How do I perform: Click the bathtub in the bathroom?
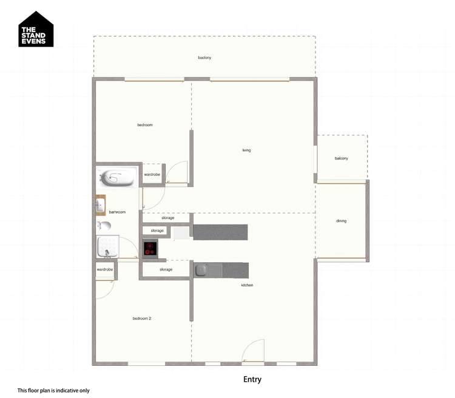[118, 178]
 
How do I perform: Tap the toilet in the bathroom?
[104, 226]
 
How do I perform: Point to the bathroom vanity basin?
[100, 206]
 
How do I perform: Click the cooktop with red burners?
[150, 248]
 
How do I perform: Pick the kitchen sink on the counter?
[202, 269]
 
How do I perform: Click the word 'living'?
[246, 150]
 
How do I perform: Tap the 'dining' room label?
[341, 221]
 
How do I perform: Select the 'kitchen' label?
[247, 285]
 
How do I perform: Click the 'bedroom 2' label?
[142, 319]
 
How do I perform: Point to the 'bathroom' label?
[117, 212]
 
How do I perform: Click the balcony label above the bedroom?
[204, 58]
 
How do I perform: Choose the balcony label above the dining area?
[341, 158]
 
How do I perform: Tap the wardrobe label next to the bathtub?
[152, 175]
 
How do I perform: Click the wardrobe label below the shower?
[105, 269]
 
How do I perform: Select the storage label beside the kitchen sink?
[166, 269]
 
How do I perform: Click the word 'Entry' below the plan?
[252, 380]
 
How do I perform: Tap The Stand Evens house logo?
[36, 30]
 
